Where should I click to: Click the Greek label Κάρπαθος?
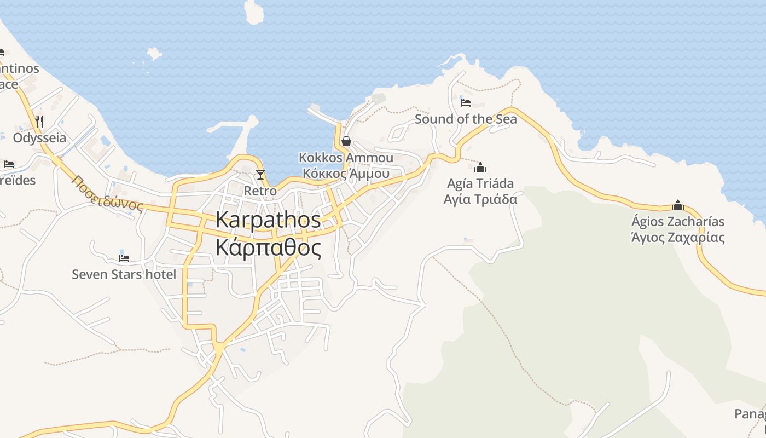point(268,248)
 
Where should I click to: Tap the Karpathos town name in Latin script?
point(268,220)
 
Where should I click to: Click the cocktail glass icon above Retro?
point(260,175)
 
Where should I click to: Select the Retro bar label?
point(260,191)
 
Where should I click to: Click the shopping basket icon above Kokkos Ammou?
point(346,141)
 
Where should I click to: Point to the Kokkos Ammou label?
point(346,158)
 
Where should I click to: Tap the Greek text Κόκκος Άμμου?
point(346,174)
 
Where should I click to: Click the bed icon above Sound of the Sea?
point(466,102)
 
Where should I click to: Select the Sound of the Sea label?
point(466,119)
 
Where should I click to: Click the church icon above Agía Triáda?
point(480,168)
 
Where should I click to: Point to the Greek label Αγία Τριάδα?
point(480,199)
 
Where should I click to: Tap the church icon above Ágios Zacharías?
point(678,205)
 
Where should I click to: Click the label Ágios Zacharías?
point(678,222)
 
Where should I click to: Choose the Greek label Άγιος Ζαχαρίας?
point(678,238)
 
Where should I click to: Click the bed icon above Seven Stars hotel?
point(124,258)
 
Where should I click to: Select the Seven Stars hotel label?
point(124,274)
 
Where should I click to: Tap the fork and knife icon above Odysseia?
point(39,121)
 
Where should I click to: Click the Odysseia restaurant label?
point(39,137)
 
